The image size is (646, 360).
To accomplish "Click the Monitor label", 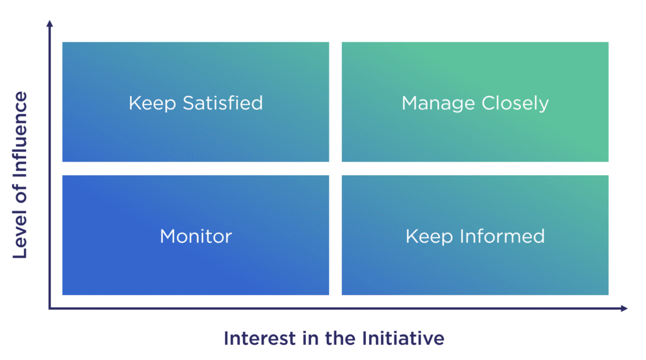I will pyautogui.click(x=196, y=236).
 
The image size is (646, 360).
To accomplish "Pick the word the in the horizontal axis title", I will pyautogui.click(x=339, y=338).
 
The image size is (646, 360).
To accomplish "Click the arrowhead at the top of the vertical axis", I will pyautogui.click(x=50, y=24).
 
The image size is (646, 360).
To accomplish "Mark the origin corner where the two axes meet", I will pyautogui.click(x=50, y=308).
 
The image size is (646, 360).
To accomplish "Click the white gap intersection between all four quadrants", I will pyautogui.click(x=336, y=168).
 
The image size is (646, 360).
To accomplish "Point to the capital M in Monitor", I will pyautogui.click(x=167, y=236).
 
